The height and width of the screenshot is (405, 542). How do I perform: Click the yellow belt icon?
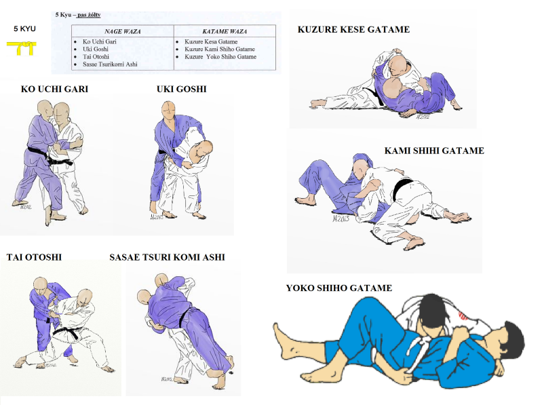[22, 47]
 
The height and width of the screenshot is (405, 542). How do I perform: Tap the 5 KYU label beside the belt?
[24, 28]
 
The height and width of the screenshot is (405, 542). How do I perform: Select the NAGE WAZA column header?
[123, 31]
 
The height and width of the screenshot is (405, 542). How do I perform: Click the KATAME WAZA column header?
[225, 31]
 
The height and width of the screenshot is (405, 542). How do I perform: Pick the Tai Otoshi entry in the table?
[96, 57]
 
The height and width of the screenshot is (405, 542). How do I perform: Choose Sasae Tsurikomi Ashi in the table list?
[110, 64]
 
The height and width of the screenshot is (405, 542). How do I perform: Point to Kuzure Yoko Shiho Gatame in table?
[220, 57]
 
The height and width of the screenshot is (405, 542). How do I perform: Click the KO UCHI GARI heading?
[55, 89]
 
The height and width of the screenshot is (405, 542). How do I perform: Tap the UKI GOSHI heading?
[182, 89]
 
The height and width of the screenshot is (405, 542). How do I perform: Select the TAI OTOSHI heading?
[34, 257]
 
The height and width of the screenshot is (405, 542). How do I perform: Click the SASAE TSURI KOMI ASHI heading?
[168, 257]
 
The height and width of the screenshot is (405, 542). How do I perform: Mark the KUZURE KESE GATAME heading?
[353, 29]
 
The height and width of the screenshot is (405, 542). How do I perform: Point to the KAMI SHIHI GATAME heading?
[434, 151]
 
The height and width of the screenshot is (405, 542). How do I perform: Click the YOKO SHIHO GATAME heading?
[339, 288]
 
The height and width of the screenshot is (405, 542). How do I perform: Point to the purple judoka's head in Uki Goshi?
[168, 109]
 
